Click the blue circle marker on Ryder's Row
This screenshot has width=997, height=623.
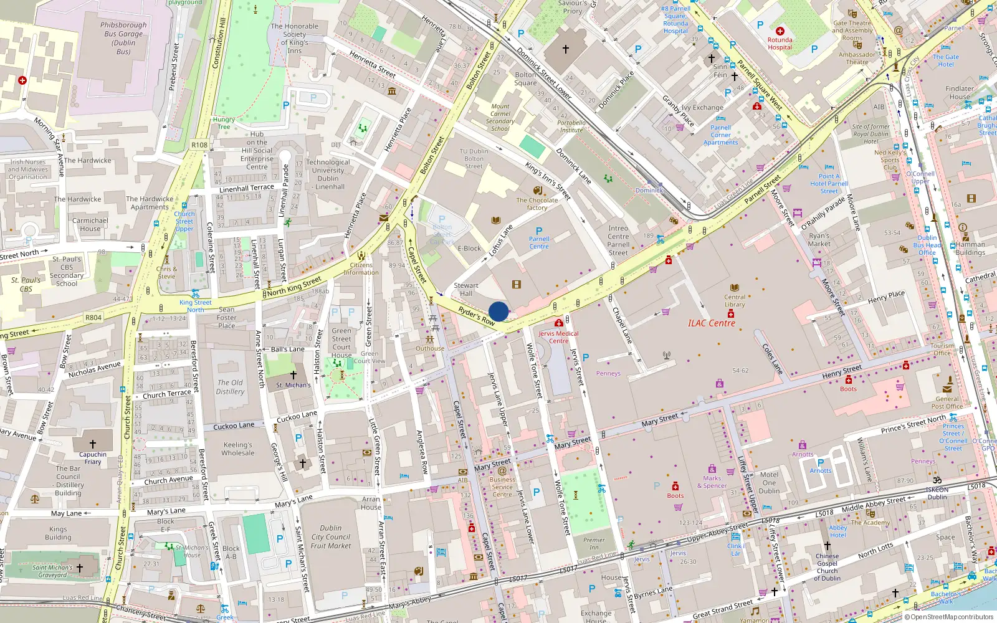coord(499,311)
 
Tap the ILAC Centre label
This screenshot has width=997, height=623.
coord(711,323)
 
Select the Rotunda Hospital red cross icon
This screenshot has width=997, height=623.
coord(780,31)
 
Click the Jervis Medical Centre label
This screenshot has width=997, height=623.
coord(558,337)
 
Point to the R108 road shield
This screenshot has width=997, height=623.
coord(199,145)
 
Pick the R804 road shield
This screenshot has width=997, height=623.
coord(93,318)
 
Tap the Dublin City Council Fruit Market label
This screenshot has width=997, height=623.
coord(330,537)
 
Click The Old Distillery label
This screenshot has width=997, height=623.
coord(230,387)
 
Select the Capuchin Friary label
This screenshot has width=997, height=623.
coord(93,458)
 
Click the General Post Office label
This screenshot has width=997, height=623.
coord(947,402)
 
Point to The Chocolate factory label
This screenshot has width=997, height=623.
coord(537,204)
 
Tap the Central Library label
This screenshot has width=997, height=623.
coord(735,300)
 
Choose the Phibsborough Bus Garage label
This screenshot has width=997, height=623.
coord(123,38)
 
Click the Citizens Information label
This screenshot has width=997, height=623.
coord(361,269)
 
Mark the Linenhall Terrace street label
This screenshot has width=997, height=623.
coord(247,188)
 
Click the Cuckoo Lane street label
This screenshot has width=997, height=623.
coord(234,426)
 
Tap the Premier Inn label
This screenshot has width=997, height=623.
coord(594,543)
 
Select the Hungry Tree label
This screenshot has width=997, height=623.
coord(224,123)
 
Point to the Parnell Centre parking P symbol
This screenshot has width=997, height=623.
coord(539,231)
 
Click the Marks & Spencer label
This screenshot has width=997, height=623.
coord(712,482)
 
